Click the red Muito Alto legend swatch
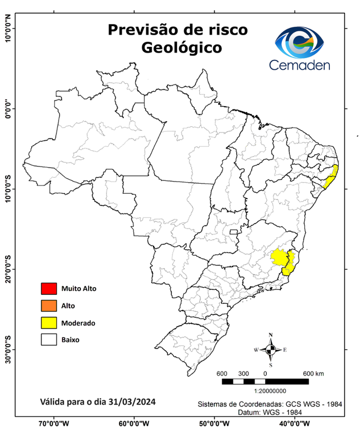click(49, 289)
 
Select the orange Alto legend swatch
click(49, 306)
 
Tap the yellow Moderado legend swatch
click(49, 322)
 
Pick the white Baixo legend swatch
click(49, 339)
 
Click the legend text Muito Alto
click(79, 289)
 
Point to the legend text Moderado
click(78, 323)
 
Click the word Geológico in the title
click(181, 48)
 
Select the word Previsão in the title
click(145, 29)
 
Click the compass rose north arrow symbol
click(271, 350)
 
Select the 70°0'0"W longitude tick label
click(54, 423)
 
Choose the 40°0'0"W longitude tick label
click(294, 423)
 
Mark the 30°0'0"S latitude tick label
click(8, 349)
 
